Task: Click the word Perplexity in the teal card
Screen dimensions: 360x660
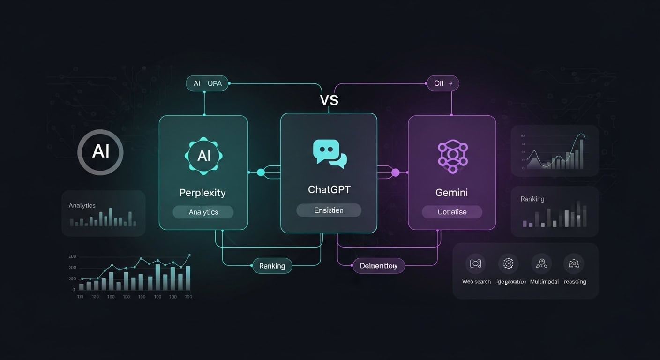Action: coord(202,193)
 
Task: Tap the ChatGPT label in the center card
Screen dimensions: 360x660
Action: coord(329,190)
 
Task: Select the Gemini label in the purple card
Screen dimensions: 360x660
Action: coord(452,193)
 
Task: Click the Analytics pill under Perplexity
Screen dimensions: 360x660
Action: coord(203,212)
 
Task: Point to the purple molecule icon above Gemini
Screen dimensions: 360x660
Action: coord(452,154)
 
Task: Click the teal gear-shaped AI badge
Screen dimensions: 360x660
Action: coord(204,156)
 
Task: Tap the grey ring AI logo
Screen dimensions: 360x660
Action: coord(100,152)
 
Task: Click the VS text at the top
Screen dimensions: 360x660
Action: coord(329,100)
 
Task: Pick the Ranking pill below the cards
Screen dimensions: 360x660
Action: coord(272,266)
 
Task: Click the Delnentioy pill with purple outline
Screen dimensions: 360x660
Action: coord(378,266)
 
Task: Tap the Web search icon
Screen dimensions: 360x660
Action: coord(476,264)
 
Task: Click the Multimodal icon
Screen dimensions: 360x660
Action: coord(541,264)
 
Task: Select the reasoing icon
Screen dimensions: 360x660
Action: coord(574,264)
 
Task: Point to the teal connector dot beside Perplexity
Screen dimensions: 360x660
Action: coord(261,173)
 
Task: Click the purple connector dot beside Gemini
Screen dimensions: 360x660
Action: coord(395,173)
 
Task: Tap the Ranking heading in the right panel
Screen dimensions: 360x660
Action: coord(532,199)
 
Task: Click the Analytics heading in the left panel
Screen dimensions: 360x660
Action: coord(82,205)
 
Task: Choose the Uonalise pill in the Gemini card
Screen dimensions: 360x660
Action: coord(452,212)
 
